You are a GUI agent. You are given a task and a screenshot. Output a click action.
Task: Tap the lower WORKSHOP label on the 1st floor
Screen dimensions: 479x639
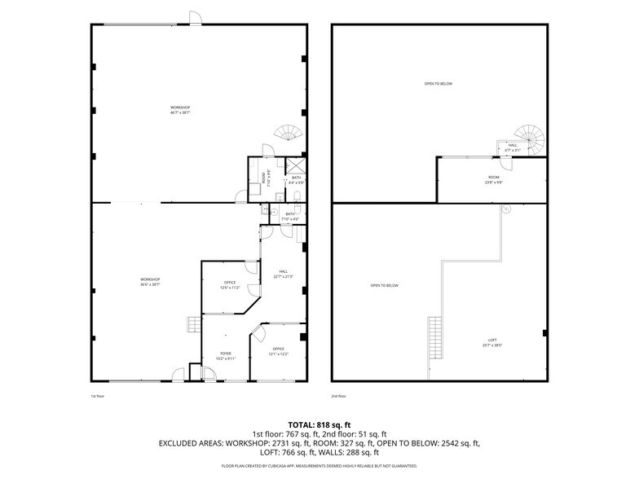coord(150,282)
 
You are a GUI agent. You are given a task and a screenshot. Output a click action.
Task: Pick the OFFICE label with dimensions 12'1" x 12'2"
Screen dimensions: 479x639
coord(279,351)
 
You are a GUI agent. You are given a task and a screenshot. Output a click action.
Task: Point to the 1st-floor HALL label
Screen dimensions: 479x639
coord(284,274)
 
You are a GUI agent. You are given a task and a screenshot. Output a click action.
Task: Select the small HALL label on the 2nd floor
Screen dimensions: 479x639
coord(512,147)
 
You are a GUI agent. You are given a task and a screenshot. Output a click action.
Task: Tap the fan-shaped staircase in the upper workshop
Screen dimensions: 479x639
coord(289,132)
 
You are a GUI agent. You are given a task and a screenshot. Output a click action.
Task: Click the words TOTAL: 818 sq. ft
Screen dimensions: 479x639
coord(319,424)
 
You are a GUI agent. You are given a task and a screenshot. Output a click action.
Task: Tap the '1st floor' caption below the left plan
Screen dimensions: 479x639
coord(98,396)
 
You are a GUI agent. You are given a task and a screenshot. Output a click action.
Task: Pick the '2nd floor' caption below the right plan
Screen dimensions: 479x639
coord(340,396)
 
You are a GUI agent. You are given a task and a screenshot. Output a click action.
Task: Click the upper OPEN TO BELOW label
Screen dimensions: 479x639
coord(438,83)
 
